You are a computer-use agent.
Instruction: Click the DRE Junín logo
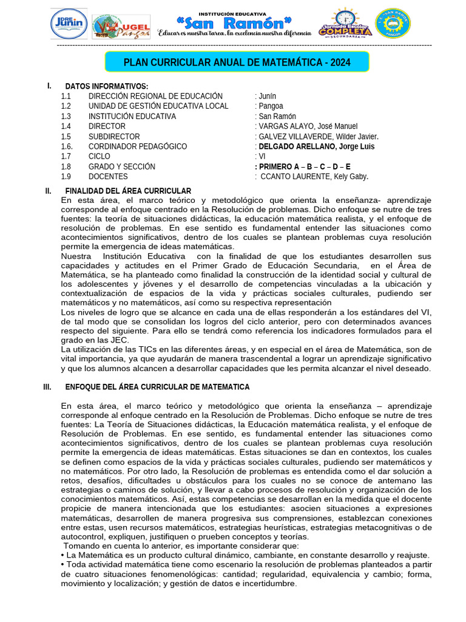pyautogui.click(x=68, y=24)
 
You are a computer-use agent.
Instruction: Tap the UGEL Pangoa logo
pyautogui.click(x=121, y=27)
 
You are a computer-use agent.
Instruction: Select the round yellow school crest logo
pyautogui.click(x=393, y=24)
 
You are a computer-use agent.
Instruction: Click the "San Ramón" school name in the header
pyautogui.click(x=234, y=24)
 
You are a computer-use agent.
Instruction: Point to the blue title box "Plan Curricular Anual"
pyautogui.click(x=237, y=63)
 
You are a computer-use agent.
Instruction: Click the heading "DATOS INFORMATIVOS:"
pyautogui.click(x=106, y=86)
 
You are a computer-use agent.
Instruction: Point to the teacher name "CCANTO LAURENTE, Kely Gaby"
pyautogui.click(x=314, y=177)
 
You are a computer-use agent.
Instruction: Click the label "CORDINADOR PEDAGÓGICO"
pyautogui.click(x=138, y=146)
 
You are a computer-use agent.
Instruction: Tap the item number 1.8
pyautogui.click(x=66, y=166)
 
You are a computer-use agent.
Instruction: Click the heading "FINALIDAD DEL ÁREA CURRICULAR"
pyautogui.click(x=128, y=191)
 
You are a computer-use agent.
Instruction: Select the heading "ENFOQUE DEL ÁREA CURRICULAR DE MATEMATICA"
pyautogui.click(x=157, y=387)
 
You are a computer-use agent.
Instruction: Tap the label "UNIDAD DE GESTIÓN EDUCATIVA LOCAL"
pyautogui.click(x=158, y=106)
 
